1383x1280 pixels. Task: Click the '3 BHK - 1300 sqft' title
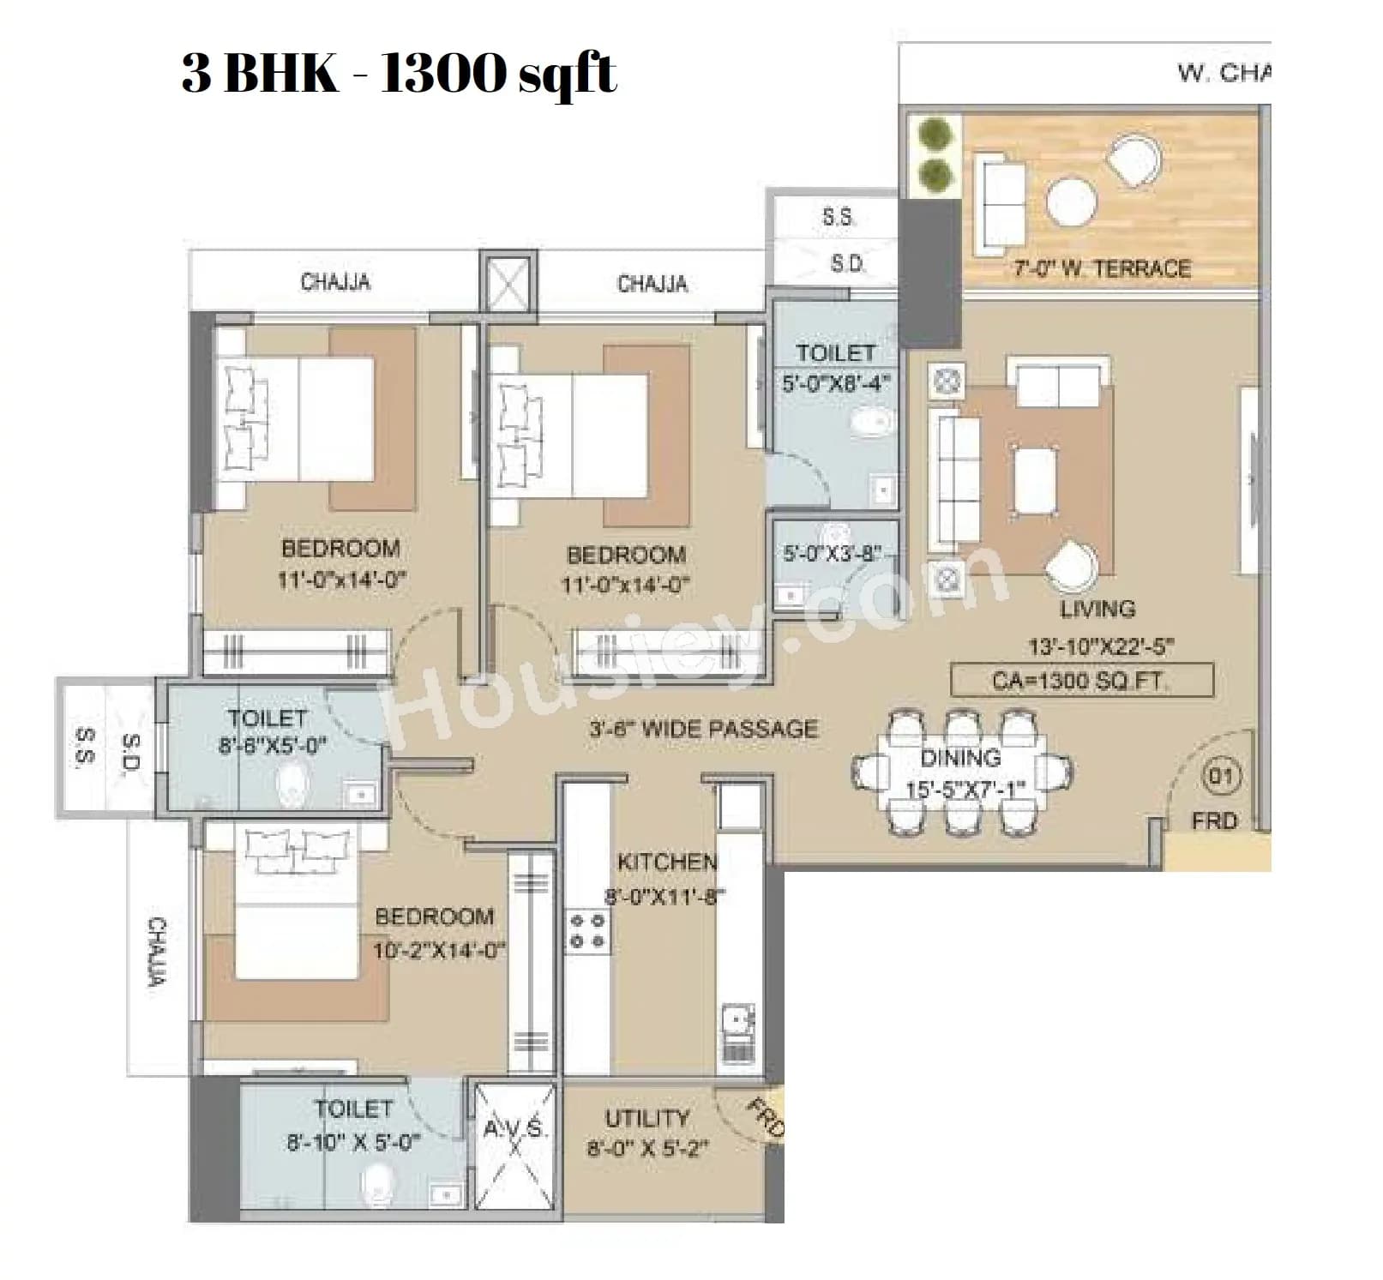tap(399, 72)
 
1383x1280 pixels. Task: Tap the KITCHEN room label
tap(667, 862)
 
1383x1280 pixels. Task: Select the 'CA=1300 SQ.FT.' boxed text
tap(1081, 681)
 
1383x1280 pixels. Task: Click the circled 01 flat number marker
tap(1220, 777)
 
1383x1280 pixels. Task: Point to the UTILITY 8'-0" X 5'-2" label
tap(646, 1133)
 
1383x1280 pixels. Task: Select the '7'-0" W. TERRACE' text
tap(1102, 268)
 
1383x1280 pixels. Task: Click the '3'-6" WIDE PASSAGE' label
tap(703, 730)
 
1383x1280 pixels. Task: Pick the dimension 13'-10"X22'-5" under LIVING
tap(1101, 646)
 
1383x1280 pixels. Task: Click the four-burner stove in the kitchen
tap(588, 930)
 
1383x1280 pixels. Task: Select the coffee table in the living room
tap(1034, 480)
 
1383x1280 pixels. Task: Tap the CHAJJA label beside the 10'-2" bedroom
tap(157, 952)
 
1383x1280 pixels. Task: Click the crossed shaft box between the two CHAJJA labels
tap(508, 282)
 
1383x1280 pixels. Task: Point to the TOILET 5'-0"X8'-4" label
tap(835, 367)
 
